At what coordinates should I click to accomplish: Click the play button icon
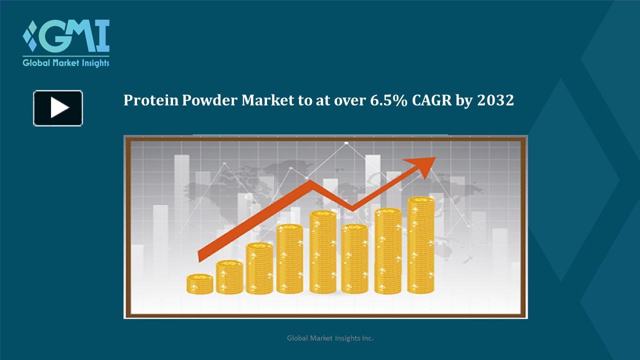click(x=58, y=108)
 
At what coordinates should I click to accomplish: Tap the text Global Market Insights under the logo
click(x=66, y=63)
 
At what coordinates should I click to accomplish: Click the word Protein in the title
click(x=150, y=100)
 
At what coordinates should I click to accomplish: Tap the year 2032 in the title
click(x=495, y=100)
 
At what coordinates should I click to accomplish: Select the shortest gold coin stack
click(x=200, y=283)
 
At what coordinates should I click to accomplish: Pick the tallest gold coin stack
click(x=421, y=245)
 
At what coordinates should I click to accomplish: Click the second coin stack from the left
click(x=229, y=277)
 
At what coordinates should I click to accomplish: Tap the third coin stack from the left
click(x=259, y=268)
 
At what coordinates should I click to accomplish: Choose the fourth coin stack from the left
click(x=289, y=258)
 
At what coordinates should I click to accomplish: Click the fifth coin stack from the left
click(x=323, y=252)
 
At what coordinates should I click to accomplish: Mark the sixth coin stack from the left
click(x=354, y=258)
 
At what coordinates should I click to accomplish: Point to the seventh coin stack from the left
click(x=388, y=250)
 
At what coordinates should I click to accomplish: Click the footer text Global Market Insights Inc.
click(x=330, y=338)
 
